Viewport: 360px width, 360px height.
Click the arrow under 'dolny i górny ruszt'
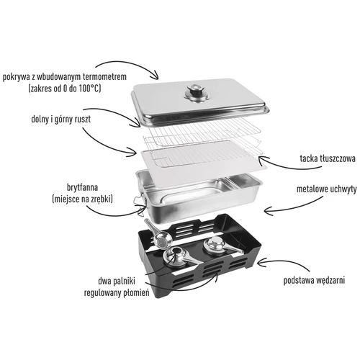click(x=112, y=144)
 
